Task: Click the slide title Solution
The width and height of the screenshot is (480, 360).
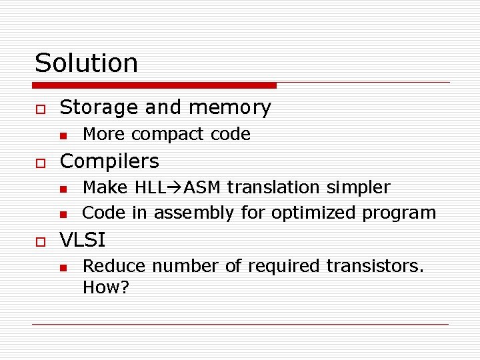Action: [x=86, y=63]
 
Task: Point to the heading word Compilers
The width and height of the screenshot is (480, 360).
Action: [x=109, y=161]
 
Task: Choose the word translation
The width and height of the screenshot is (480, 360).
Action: [x=273, y=188]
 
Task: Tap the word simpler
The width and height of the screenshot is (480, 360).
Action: [x=358, y=188]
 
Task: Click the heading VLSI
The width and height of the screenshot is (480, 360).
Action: [x=83, y=239]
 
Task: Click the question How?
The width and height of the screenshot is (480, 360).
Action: [x=106, y=288]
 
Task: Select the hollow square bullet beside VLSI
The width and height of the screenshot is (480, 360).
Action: [x=41, y=241]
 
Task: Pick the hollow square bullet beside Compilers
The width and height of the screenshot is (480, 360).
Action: [x=41, y=163]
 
